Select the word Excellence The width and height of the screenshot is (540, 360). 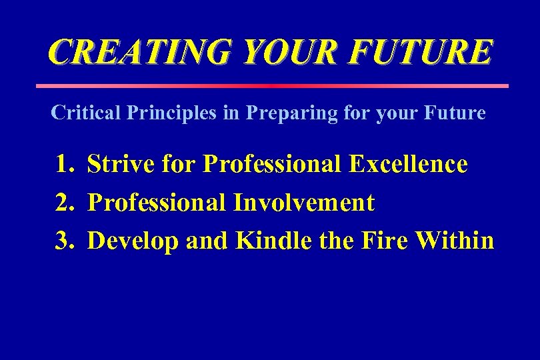click(408, 164)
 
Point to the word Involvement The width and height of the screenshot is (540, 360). click(303, 203)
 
